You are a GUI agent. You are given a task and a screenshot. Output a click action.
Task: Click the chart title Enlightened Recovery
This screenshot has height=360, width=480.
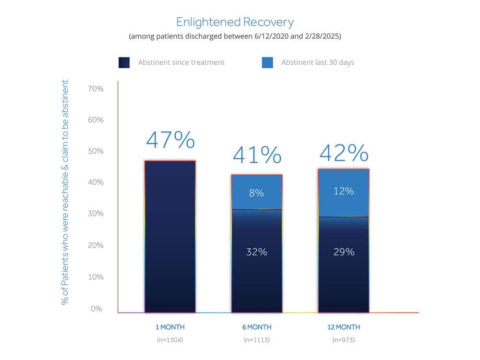(235, 22)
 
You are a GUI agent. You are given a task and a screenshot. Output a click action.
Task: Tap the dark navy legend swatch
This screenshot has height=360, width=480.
(124, 62)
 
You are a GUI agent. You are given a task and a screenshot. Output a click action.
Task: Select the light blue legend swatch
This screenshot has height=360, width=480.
(267, 62)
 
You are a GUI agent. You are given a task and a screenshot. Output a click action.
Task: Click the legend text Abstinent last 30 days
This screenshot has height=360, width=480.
(317, 62)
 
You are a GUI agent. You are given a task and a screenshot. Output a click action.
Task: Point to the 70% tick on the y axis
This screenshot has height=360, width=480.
(96, 89)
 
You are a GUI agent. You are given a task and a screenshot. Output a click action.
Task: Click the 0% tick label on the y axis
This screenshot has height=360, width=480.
(96, 309)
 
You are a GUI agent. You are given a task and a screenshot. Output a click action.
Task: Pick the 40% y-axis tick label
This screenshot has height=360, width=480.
(96, 182)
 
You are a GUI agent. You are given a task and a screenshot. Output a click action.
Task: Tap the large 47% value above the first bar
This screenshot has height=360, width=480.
(170, 140)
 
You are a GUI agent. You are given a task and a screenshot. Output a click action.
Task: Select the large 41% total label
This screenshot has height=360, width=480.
(257, 155)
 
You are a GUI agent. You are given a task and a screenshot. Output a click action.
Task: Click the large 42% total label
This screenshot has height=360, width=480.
(344, 153)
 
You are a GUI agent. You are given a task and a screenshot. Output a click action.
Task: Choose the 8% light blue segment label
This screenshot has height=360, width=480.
(256, 193)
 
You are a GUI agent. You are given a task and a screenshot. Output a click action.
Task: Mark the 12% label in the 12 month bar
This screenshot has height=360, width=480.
(344, 191)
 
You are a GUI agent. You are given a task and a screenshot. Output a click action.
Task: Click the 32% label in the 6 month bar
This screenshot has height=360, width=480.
(256, 252)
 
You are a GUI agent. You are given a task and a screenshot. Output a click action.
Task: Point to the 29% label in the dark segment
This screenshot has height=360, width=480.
(344, 252)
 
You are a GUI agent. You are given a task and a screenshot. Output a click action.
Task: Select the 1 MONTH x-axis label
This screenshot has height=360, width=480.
(170, 327)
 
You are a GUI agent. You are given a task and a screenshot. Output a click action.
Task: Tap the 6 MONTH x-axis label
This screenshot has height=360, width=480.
(256, 327)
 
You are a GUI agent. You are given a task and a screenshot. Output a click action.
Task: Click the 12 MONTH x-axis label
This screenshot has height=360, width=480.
(343, 327)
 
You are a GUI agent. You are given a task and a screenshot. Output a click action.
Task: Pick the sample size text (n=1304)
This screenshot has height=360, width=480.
(170, 340)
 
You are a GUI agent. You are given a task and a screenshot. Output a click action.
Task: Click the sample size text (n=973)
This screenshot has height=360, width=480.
(343, 340)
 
